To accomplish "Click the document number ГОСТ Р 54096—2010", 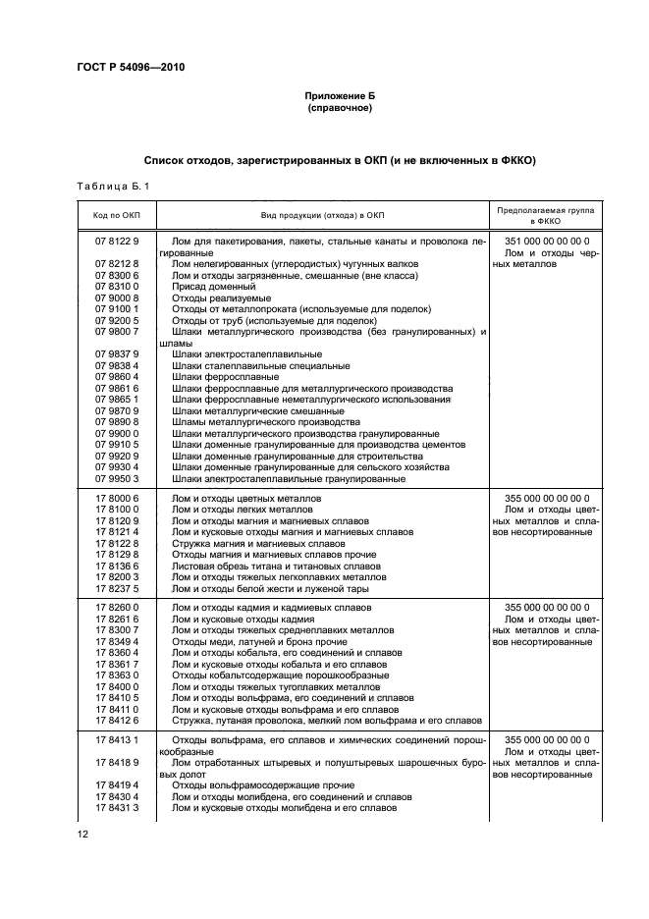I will click(131, 68).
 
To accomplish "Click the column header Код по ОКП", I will click(117, 215).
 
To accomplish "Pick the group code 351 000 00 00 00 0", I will click(546, 242).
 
